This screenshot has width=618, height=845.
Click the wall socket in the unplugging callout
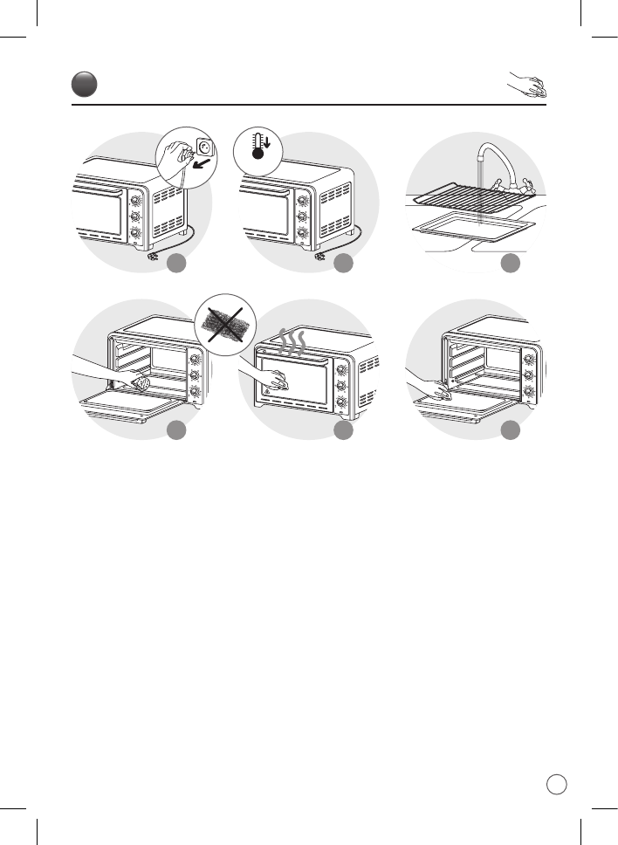click(x=205, y=146)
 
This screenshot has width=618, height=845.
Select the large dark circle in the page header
click(x=85, y=85)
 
